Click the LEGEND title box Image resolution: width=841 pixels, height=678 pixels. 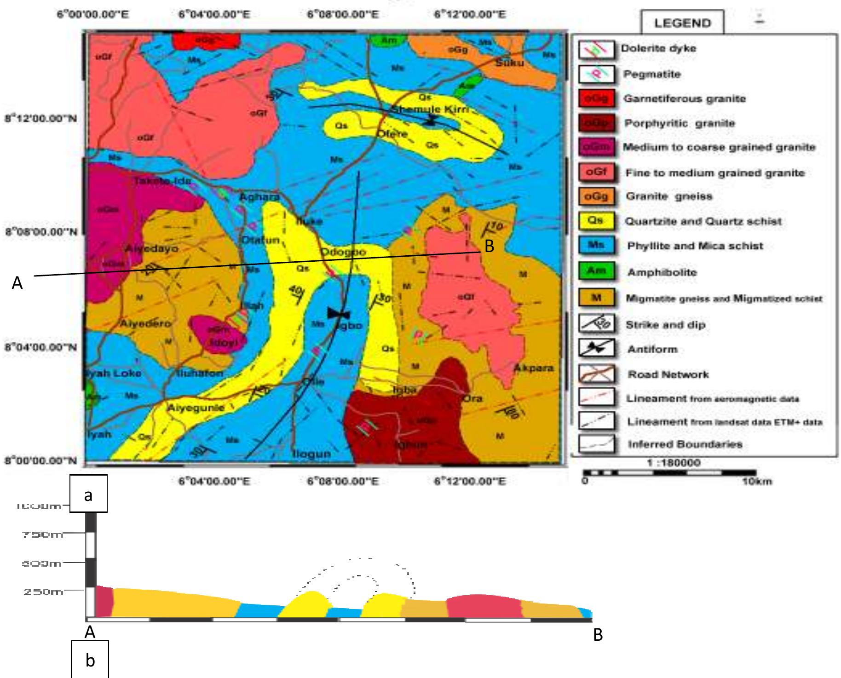point(682,23)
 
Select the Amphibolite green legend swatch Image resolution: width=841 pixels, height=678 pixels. point(596,271)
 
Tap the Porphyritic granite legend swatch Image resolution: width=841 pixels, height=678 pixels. point(596,123)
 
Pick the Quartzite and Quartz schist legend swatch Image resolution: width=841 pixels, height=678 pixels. point(596,221)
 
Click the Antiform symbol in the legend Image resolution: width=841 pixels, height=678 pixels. point(596,349)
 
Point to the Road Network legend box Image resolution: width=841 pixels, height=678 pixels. point(596,374)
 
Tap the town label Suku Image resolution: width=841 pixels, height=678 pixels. point(509,63)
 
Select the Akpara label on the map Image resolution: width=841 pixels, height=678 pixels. point(533,368)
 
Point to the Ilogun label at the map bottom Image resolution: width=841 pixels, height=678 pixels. point(312,454)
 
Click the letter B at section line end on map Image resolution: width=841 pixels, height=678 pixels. point(489,247)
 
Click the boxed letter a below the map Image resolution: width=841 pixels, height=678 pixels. point(88,495)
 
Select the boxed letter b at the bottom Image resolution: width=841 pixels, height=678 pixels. point(90,661)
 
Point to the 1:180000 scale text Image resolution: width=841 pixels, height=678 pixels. point(674,463)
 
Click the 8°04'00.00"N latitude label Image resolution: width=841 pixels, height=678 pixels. point(40,347)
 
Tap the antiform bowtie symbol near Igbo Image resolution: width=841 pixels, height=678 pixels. point(339,314)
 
